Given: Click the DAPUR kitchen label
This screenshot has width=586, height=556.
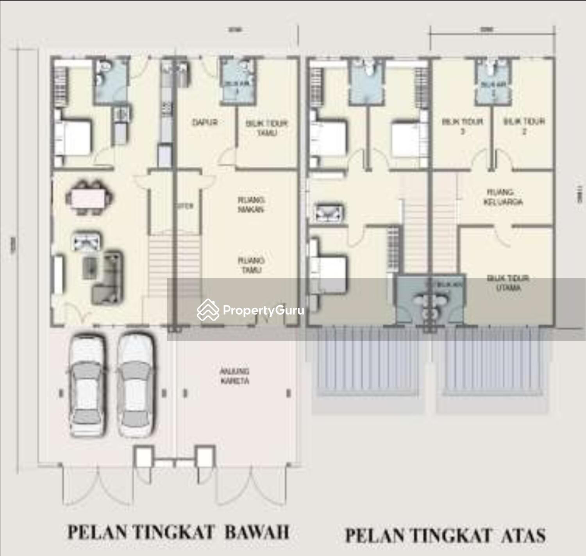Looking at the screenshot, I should click(204, 122).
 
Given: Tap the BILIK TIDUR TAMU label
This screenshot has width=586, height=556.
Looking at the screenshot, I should click(266, 128).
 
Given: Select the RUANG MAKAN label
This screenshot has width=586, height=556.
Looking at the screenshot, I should click(251, 205).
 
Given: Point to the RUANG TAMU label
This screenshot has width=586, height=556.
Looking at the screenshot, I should click(251, 265).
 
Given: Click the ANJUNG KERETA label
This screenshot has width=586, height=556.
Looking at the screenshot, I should click(234, 376).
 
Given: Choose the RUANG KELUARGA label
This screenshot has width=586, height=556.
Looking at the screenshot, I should click(503, 197).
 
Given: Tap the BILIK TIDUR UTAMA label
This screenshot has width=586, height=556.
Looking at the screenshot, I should click(508, 283).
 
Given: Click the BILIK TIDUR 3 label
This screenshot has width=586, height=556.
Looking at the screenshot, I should click(463, 126).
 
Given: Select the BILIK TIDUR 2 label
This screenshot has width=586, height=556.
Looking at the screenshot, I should click(524, 126).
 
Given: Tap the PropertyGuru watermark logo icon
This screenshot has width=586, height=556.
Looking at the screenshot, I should click(207, 310).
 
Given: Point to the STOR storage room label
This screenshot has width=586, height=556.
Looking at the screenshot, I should click(185, 206).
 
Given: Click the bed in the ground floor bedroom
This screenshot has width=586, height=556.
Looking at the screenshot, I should click(74, 138).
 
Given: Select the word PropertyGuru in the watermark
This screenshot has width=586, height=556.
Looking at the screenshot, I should click(263, 310).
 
